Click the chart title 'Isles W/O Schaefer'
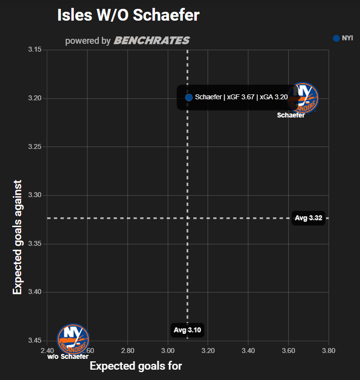click(x=128, y=15)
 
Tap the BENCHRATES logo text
click(x=151, y=41)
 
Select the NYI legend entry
click(x=343, y=38)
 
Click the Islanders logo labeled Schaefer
click(x=303, y=97)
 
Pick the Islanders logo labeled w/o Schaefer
click(x=73, y=338)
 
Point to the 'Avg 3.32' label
click(x=308, y=218)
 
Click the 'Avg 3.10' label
click(x=187, y=330)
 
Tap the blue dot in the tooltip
click(x=189, y=97)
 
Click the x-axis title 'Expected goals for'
click(x=136, y=366)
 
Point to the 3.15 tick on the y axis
click(x=35, y=50)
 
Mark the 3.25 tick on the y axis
click(x=35, y=146)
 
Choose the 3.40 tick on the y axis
click(x=35, y=292)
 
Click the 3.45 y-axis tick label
click(x=35, y=340)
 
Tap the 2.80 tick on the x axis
click(x=127, y=351)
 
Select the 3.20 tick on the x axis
click(x=208, y=351)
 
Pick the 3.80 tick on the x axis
click(x=329, y=351)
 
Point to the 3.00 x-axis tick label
click(x=168, y=351)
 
